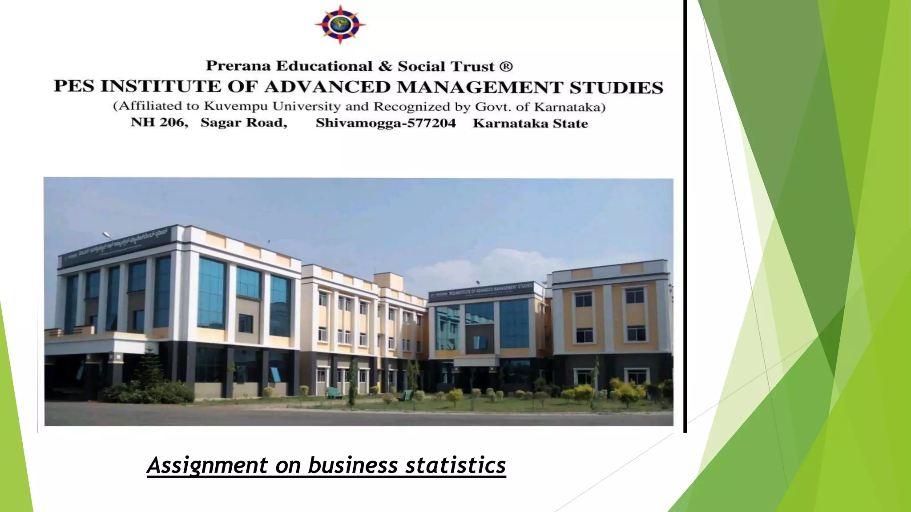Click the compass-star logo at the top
[340, 25]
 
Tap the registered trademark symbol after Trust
[506, 67]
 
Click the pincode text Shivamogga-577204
[386, 123]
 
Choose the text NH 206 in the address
[159, 122]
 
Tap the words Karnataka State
[530, 123]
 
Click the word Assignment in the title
[208, 465]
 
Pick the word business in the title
[353, 465]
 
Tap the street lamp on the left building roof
[107, 234]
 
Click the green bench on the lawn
[334, 393]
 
